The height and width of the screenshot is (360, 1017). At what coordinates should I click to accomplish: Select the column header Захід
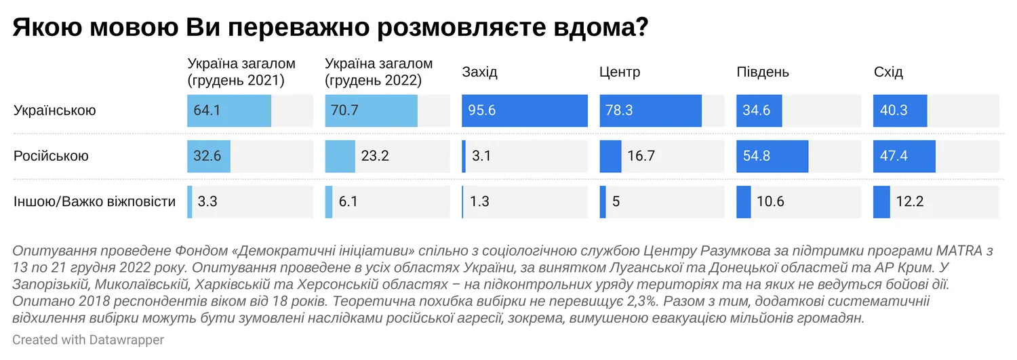[481, 73]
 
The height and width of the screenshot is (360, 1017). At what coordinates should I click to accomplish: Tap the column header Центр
[620, 73]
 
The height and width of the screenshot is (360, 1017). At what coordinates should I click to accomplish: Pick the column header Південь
[763, 73]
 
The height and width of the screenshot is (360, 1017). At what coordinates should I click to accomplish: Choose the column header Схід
[888, 73]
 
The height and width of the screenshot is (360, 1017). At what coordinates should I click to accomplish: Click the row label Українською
[55, 111]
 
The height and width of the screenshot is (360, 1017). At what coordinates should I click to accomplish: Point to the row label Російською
[51, 156]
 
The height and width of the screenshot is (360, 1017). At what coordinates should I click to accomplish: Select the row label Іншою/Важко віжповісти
[94, 201]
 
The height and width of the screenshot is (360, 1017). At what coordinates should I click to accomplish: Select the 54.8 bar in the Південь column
[772, 156]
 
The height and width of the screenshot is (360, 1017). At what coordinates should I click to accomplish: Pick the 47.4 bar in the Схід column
[904, 156]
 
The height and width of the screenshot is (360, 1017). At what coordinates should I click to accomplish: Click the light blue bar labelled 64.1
[229, 111]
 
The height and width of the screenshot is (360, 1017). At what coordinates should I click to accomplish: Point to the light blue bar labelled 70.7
[371, 111]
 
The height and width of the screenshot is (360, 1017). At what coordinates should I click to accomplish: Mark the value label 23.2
[375, 156]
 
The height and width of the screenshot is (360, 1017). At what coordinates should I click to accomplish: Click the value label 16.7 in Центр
[641, 156]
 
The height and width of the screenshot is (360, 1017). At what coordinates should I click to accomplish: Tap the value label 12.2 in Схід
[911, 201]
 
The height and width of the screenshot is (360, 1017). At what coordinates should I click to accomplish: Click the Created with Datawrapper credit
[88, 340]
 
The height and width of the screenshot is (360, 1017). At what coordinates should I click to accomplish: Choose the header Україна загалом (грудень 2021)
[241, 73]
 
